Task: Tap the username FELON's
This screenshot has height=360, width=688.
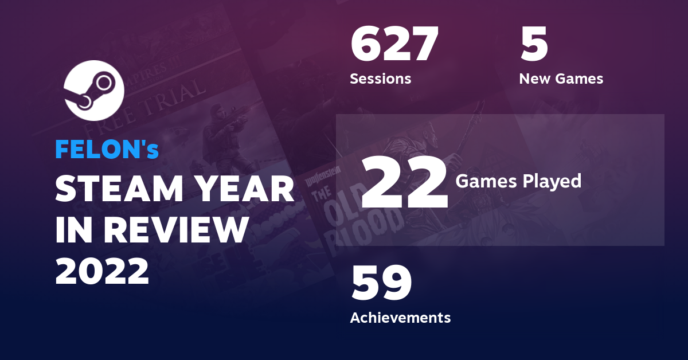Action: pyautogui.click(x=107, y=150)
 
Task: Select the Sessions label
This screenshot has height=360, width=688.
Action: pyautogui.click(x=380, y=79)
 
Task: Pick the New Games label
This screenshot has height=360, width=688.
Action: pyautogui.click(x=561, y=79)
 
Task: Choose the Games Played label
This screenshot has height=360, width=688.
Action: pyautogui.click(x=518, y=182)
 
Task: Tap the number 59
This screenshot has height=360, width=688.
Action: pyautogui.click(x=381, y=284)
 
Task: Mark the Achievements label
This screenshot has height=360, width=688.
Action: pyautogui.click(x=400, y=317)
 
